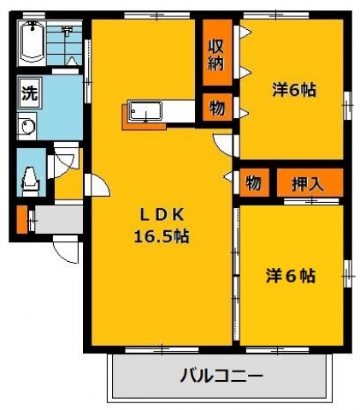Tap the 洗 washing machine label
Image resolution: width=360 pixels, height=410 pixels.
(x=28, y=92)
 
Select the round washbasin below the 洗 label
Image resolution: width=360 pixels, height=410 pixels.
(x=26, y=128)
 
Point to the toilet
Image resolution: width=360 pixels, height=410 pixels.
(x=32, y=178)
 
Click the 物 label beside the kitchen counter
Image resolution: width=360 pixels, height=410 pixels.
(x=215, y=109)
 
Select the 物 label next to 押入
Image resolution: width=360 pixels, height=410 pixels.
(x=252, y=182)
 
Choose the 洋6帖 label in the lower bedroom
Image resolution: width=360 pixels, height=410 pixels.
(x=291, y=276)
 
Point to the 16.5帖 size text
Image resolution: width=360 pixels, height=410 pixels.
(x=161, y=237)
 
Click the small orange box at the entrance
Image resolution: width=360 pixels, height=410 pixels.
(x=22, y=220)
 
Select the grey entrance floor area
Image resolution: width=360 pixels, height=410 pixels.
(x=57, y=218)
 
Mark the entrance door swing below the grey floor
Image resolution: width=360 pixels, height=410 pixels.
(x=65, y=250)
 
